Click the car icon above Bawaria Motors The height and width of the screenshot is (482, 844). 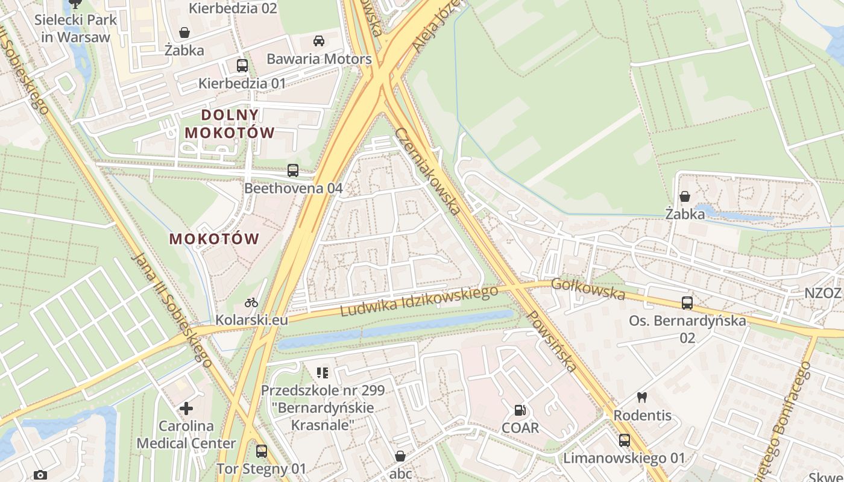pyautogui.click(x=319, y=41)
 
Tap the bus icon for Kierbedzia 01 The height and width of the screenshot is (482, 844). pyautogui.click(x=242, y=66)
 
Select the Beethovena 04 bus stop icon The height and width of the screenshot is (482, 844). pyautogui.click(x=293, y=171)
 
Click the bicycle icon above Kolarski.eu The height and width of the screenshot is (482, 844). pyautogui.click(x=251, y=302)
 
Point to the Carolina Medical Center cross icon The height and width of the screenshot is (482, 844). pyautogui.click(x=186, y=409)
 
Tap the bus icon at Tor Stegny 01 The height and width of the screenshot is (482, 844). pyautogui.click(x=262, y=451)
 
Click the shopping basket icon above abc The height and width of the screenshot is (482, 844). pyautogui.click(x=400, y=456)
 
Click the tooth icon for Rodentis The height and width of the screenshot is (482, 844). pyautogui.click(x=642, y=398)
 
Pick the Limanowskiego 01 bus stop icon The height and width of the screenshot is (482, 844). pyautogui.click(x=625, y=440)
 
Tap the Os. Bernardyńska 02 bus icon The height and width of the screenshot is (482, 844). pyautogui.click(x=687, y=303)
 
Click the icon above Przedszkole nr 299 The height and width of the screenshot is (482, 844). pyautogui.click(x=323, y=373)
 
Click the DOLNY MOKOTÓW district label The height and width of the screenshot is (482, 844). pyautogui.click(x=230, y=124)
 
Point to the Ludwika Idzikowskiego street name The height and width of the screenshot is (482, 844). pyautogui.click(x=419, y=301)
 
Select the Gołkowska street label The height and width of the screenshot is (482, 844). pyautogui.click(x=588, y=289)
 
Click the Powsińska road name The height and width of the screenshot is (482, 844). pyautogui.click(x=551, y=341)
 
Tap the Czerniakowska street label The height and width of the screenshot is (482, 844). pyautogui.click(x=428, y=171)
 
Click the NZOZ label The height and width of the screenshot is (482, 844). pyautogui.click(x=823, y=293)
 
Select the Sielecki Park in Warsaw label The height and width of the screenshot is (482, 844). pyautogui.click(x=76, y=28)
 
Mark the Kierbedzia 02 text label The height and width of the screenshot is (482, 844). pyautogui.click(x=233, y=8)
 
